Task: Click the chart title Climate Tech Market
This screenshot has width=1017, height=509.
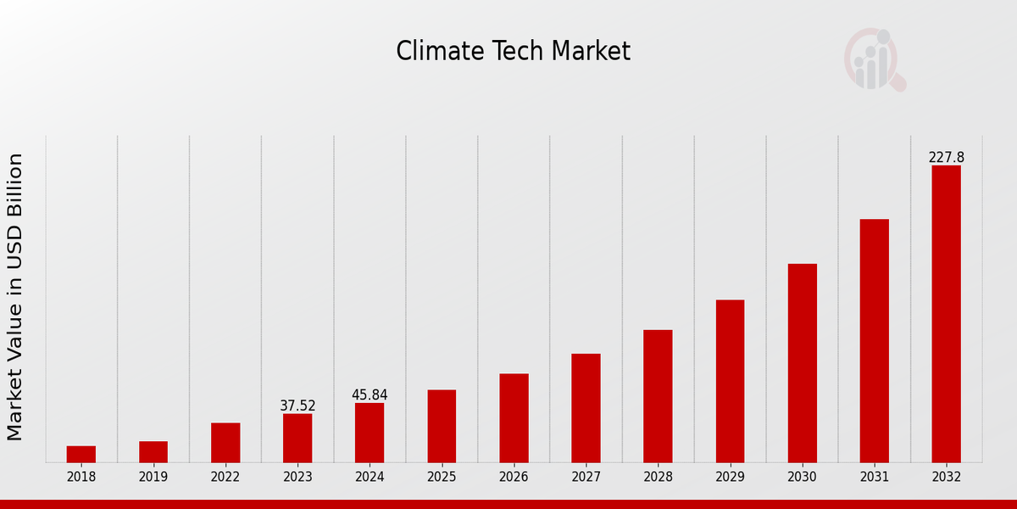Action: click(x=513, y=52)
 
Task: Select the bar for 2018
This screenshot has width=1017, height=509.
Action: click(x=81, y=454)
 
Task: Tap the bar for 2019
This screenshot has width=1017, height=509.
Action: click(x=153, y=451)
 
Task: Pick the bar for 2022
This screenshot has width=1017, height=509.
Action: click(x=225, y=442)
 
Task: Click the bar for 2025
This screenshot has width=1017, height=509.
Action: click(x=442, y=426)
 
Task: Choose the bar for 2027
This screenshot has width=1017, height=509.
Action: click(x=586, y=408)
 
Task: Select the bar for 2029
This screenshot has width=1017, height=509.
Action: click(x=730, y=381)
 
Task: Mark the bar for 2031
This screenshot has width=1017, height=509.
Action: click(x=874, y=340)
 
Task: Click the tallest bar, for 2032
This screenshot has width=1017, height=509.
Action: click(x=946, y=314)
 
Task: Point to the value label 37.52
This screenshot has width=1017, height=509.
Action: click(x=297, y=406)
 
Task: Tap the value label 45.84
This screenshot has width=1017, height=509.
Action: click(x=370, y=395)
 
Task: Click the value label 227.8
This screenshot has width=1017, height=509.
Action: click(x=946, y=158)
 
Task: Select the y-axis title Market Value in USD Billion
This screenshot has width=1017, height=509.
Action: click(x=15, y=297)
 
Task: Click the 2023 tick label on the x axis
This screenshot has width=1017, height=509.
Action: click(x=297, y=478)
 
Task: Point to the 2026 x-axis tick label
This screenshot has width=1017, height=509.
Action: click(x=514, y=478)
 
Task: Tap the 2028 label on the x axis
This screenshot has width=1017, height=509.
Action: click(x=658, y=478)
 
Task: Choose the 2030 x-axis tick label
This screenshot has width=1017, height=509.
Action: click(x=802, y=478)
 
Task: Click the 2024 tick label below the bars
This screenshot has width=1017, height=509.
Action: click(x=370, y=478)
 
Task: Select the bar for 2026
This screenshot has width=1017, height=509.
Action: click(x=514, y=417)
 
